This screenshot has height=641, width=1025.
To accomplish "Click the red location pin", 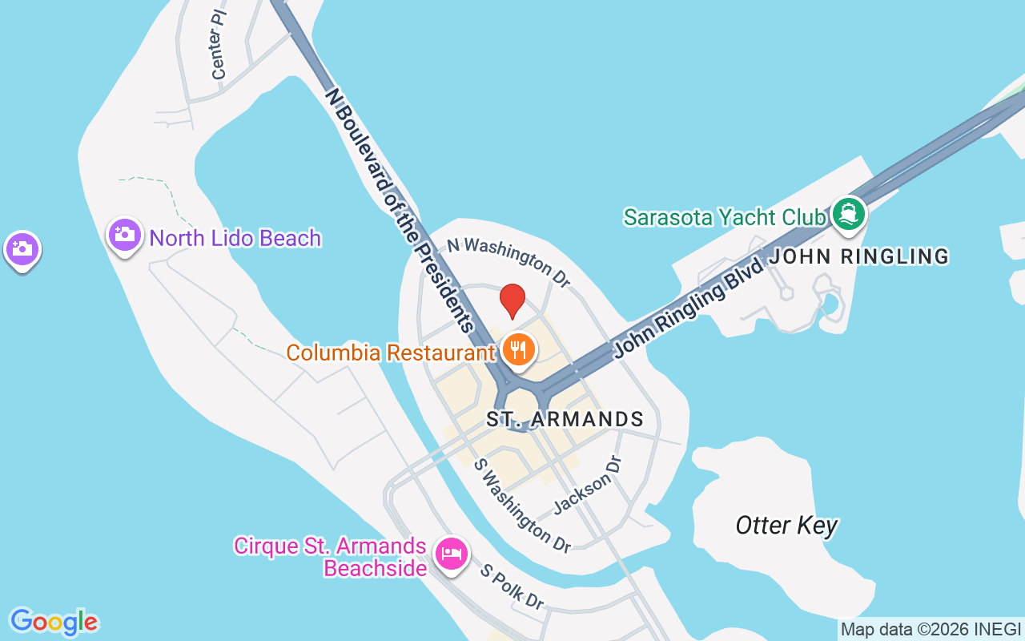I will pos(512,301).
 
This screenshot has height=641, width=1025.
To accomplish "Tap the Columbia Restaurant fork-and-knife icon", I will pos(519,350).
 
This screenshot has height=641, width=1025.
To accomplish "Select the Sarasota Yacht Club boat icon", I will pos(849,214).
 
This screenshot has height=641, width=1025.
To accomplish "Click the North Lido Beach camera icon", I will pos(124,235).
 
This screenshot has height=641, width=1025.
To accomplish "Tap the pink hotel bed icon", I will pos(452,553).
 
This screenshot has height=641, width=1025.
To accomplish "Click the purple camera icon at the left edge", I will pos(22,249).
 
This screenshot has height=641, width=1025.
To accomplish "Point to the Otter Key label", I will pos(786,526).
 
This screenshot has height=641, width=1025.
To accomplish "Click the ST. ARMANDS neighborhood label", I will pos(565,419).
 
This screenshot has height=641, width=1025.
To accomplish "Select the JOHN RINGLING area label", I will pos(859,256).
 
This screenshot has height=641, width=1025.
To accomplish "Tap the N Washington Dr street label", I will pos(508,261).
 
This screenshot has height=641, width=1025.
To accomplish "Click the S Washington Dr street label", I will pos(522,506).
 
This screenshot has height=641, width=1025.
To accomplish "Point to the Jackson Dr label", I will pos(588,484).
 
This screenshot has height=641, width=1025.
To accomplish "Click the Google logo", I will pos(54,622).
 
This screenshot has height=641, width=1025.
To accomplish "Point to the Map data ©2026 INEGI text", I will pos(931,630).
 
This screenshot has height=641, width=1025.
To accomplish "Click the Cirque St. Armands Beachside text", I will pos(329,557).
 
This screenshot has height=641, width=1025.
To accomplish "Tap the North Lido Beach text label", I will pos(235,238).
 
